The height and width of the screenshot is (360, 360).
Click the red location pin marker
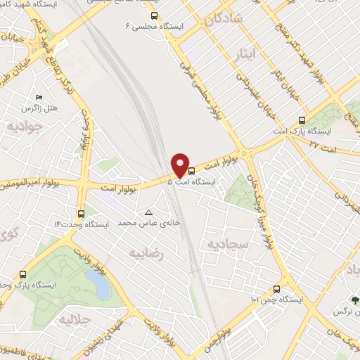[181, 165]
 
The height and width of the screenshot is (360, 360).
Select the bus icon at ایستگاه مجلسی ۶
[155, 15]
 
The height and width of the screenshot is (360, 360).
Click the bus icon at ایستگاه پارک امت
[302, 120]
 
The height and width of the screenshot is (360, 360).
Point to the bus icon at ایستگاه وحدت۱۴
[82, 213]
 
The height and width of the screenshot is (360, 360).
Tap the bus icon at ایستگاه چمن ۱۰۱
[276, 289]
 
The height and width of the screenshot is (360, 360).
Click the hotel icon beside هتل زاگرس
[38, 98]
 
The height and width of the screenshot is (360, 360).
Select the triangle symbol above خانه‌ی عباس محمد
[148, 212]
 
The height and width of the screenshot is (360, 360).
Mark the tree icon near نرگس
[354, 300]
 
